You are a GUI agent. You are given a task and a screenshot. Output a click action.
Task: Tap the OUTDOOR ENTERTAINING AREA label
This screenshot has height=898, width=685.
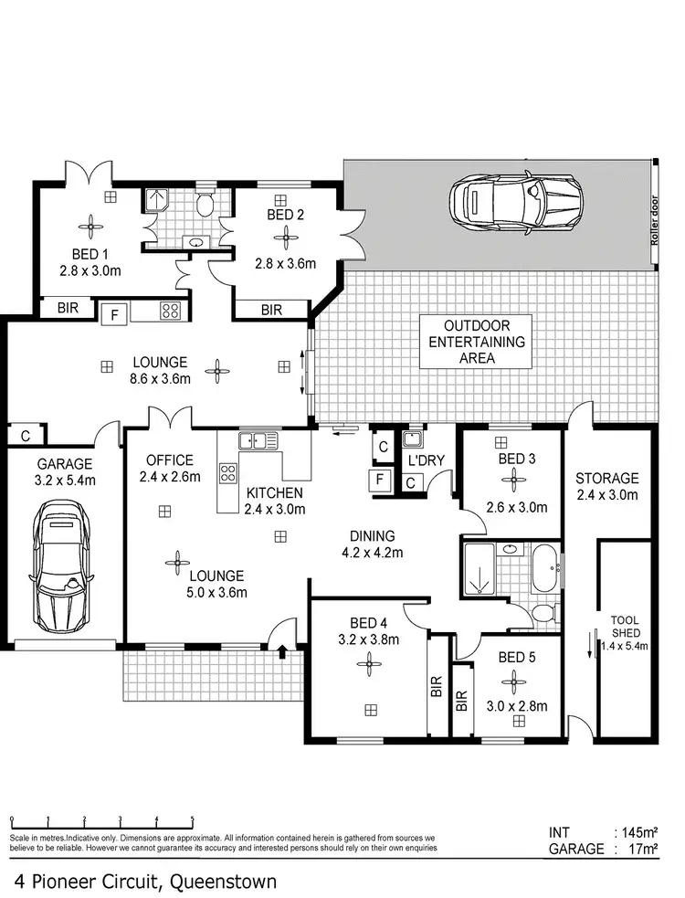point(476,342)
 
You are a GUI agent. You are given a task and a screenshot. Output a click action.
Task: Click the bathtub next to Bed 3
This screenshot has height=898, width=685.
point(546,569)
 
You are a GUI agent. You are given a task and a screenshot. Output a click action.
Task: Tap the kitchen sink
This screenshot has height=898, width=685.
point(258,441)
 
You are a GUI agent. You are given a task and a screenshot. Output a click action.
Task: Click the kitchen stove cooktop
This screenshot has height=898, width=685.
point(227,473)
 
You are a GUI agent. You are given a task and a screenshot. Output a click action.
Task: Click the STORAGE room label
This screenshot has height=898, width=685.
point(606,478)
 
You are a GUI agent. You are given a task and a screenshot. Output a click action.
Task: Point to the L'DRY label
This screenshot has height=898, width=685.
point(426,461)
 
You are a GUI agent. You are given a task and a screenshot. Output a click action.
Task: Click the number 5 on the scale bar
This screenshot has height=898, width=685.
point(193,819)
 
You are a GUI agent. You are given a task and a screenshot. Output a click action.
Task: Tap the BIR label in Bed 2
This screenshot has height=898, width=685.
point(271,311)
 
